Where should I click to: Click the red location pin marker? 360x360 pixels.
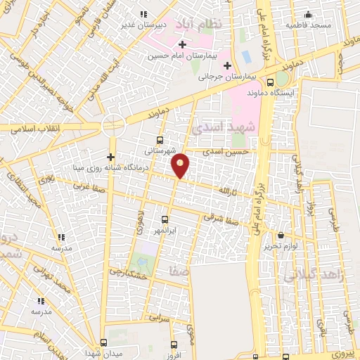click(181, 165)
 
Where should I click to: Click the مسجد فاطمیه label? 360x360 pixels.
click(308, 25)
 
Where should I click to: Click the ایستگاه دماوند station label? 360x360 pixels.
click(281, 92)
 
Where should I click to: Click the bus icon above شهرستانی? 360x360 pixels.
click(161, 139)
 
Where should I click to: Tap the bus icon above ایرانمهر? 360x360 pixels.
click(165, 219)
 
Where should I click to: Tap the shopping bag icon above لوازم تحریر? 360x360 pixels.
click(282, 235)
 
